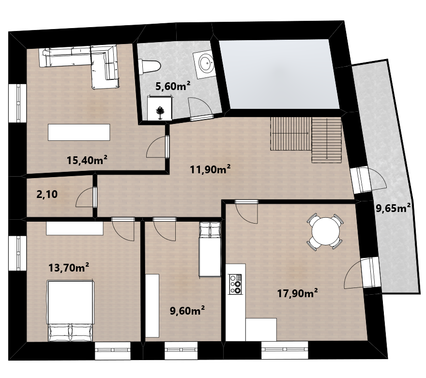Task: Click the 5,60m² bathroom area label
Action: tap(172, 86)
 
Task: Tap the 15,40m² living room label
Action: tap(87, 160)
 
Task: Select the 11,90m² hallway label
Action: tap(210, 169)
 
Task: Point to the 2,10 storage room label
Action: tap(47, 194)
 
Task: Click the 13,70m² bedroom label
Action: tap(68, 268)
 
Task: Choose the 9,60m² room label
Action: tap(187, 310)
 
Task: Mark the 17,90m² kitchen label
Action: tap(298, 293)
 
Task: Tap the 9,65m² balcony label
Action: tap(393, 208)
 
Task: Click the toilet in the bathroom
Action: tap(149, 67)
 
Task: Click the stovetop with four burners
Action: tap(235, 284)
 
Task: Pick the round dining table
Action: tap(325, 231)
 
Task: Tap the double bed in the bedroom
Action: tap(71, 310)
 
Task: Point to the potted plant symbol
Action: tap(160, 112)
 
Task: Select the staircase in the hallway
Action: tap(306, 139)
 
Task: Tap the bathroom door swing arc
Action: tap(201, 107)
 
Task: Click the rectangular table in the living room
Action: tap(79, 132)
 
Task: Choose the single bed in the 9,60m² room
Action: tap(210, 249)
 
